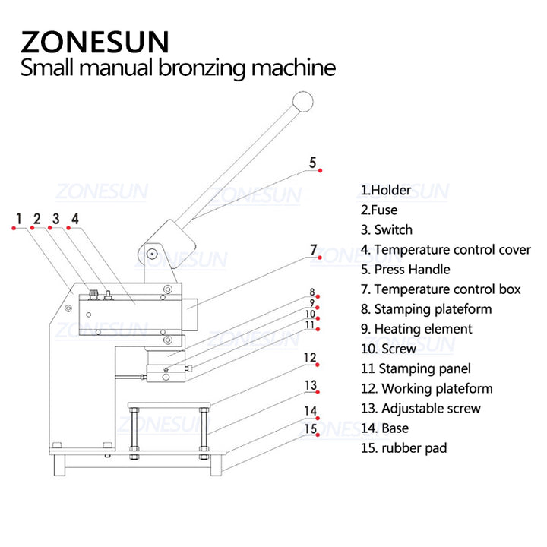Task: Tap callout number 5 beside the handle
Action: coord(312,162)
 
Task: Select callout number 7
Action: coord(312,249)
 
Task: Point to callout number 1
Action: coord(18,220)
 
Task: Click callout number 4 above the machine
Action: coord(74,220)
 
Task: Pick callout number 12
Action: coord(309,357)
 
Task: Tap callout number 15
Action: coord(310,429)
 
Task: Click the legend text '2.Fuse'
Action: coord(379,210)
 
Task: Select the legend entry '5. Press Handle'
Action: coord(405,269)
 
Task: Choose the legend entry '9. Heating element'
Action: coord(416,329)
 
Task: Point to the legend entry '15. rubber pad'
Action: coord(403,447)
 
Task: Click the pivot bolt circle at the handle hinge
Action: coord(152,252)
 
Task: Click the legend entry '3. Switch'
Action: coord(387,229)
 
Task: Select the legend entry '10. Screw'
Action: coord(388,349)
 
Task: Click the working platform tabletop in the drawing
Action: coord(169,404)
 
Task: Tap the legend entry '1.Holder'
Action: coord(386,190)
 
